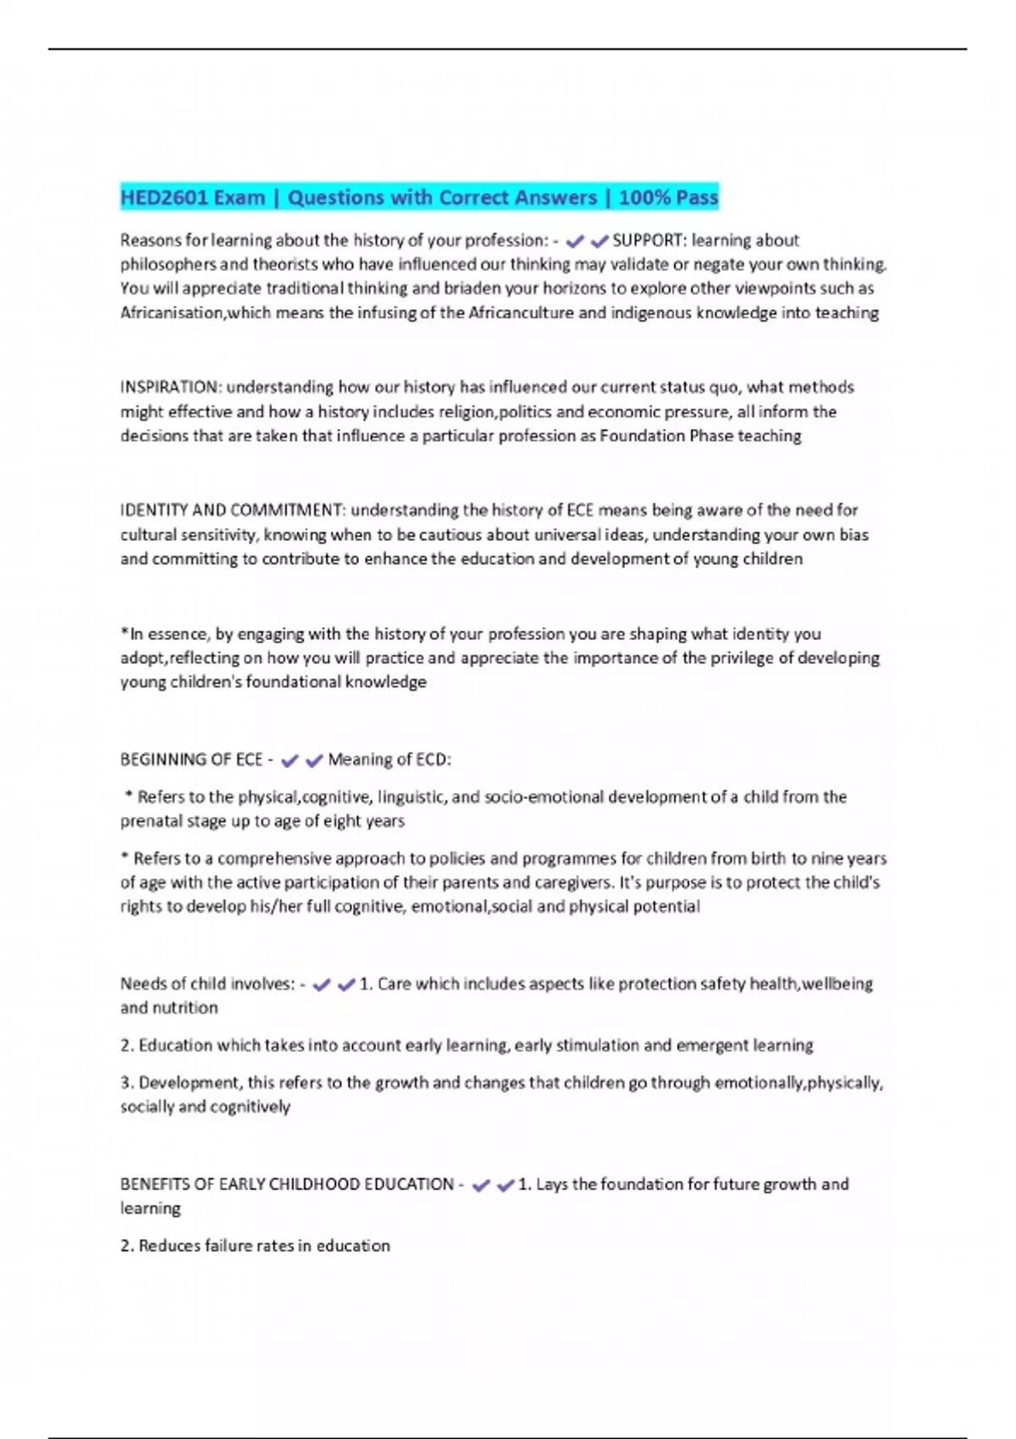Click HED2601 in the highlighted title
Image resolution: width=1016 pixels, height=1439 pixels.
tap(163, 198)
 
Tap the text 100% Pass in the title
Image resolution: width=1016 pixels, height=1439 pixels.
tap(668, 198)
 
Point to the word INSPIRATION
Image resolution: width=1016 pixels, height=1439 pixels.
tap(169, 388)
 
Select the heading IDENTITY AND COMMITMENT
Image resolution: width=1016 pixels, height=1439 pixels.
tap(231, 510)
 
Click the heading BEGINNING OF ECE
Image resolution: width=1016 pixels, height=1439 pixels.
tap(191, 760)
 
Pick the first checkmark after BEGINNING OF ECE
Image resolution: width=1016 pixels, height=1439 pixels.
tap(290, 761)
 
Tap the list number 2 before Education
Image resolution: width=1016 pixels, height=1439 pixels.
tap(126, 1045)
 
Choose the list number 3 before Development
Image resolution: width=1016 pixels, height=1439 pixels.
tap(126, 1083)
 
